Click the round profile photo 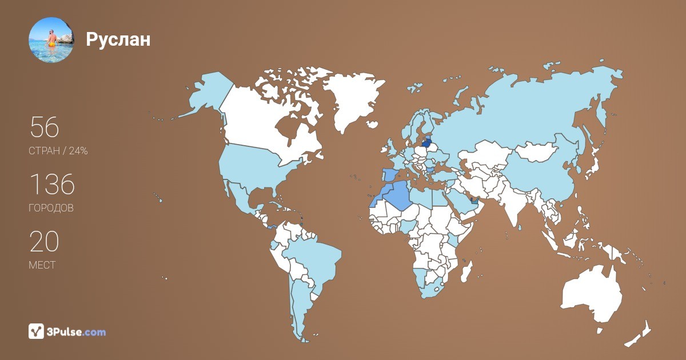point(51,39)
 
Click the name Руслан point(118,39)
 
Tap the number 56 point(44,127)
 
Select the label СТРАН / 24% point(58,151)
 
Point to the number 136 point(51,184)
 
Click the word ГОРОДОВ point(51,209)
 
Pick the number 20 point(44,241)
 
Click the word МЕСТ point(42,266)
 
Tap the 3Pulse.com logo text point(77,332)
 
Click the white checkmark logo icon point(37,331)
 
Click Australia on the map point(592,294)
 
